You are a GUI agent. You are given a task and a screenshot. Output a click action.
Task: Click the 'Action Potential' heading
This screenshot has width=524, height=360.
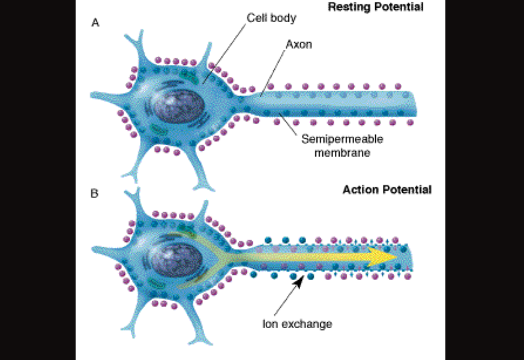(387, 190)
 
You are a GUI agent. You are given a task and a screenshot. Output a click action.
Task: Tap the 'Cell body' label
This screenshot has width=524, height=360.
(271, 18)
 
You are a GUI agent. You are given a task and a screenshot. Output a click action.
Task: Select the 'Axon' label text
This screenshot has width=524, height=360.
(298, 44)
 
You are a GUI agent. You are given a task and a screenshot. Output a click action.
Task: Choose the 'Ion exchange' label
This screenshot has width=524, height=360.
(297, 325)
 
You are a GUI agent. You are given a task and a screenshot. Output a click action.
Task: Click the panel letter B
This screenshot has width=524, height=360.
(95, 194)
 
